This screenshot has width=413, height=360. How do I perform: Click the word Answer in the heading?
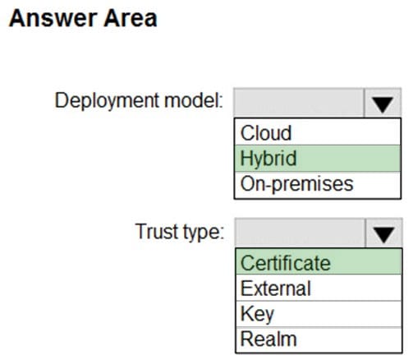pyautogui.click(x=53, y=18)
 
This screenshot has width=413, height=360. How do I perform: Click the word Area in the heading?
pyautogui.click(x=131, y=18)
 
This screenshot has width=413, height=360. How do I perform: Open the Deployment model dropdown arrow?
pyautogui.click(x=383, y=103)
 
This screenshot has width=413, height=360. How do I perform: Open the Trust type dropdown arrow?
pyautogui.click(x=383, y=233)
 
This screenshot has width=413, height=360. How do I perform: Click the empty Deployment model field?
pyautogui.click(x=299, y=103)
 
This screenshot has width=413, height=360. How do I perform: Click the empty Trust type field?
pyautogui.click(x=300, y=233)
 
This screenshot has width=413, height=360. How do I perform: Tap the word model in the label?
pyautogui.click(x=194, y=100)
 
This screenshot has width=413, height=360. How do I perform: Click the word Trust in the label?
pyautogui.click(x=157, y=231)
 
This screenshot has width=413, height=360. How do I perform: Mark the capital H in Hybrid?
pyautogui.click(x=246, y=158)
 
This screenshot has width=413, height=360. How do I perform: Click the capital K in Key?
pyautogui.click(x=246, y=313)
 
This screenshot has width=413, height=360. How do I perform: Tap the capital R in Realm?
pyautogui.click(x=247, y=339)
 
